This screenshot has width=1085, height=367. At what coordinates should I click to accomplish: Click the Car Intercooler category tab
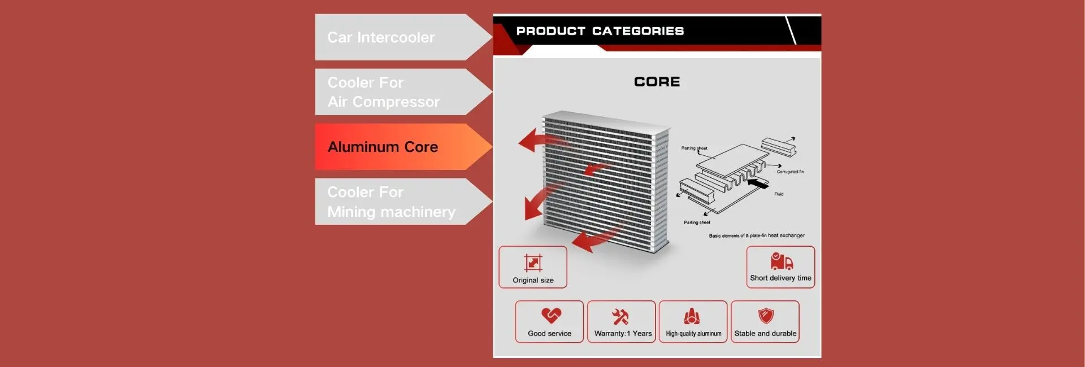(390, 37)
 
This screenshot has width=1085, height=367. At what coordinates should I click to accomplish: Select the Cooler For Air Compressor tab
(390, 92)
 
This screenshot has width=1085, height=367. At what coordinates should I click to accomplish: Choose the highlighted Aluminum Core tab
(390, 147)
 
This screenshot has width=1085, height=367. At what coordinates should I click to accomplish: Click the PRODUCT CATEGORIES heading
(600, 31)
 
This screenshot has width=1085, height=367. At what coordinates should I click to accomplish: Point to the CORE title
(657, 82)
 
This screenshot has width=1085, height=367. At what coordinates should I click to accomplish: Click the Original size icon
(533, 263)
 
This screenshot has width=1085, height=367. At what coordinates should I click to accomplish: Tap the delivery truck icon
(781, 261)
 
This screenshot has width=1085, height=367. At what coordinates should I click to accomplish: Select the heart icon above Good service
(551, 315)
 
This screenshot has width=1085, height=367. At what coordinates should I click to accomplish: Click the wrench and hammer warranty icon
(620, 316)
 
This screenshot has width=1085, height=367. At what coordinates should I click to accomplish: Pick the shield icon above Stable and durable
(766, 315)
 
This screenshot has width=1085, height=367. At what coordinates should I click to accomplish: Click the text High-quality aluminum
(693, 334)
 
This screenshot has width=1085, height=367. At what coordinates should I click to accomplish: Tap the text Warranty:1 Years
(623, 334)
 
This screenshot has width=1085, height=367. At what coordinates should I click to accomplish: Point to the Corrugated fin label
(790, 172)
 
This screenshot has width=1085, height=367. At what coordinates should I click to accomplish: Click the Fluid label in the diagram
(779, 194)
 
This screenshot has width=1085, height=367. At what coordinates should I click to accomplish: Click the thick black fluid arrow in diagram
(758, 183)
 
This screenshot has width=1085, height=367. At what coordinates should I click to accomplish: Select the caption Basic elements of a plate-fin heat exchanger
(757, 235)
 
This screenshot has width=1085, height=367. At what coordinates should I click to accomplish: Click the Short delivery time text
(780, 278)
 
